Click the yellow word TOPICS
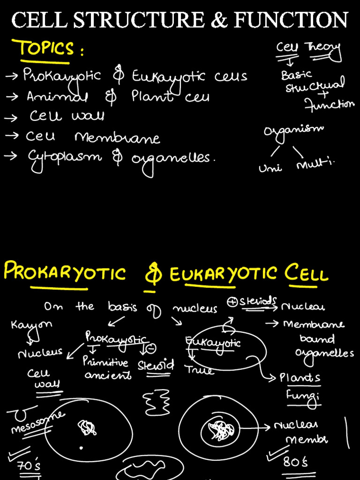click(45, 49)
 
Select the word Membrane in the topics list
click(117, 138)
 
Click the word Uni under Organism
click(270, 167)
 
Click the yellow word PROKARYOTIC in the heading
click(65, 272)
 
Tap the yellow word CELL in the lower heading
click(307, 273)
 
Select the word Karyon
click(31, 324)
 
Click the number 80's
click(296, 462)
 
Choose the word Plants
click(300, 378)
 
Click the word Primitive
click(105, 362)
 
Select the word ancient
click(108, 375)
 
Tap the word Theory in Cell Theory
click(323, 48)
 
